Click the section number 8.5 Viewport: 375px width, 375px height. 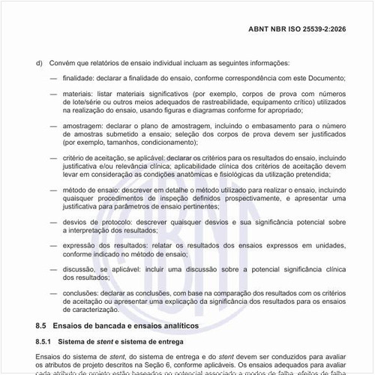[41, 326]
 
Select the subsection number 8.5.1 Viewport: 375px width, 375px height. [45, 342]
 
